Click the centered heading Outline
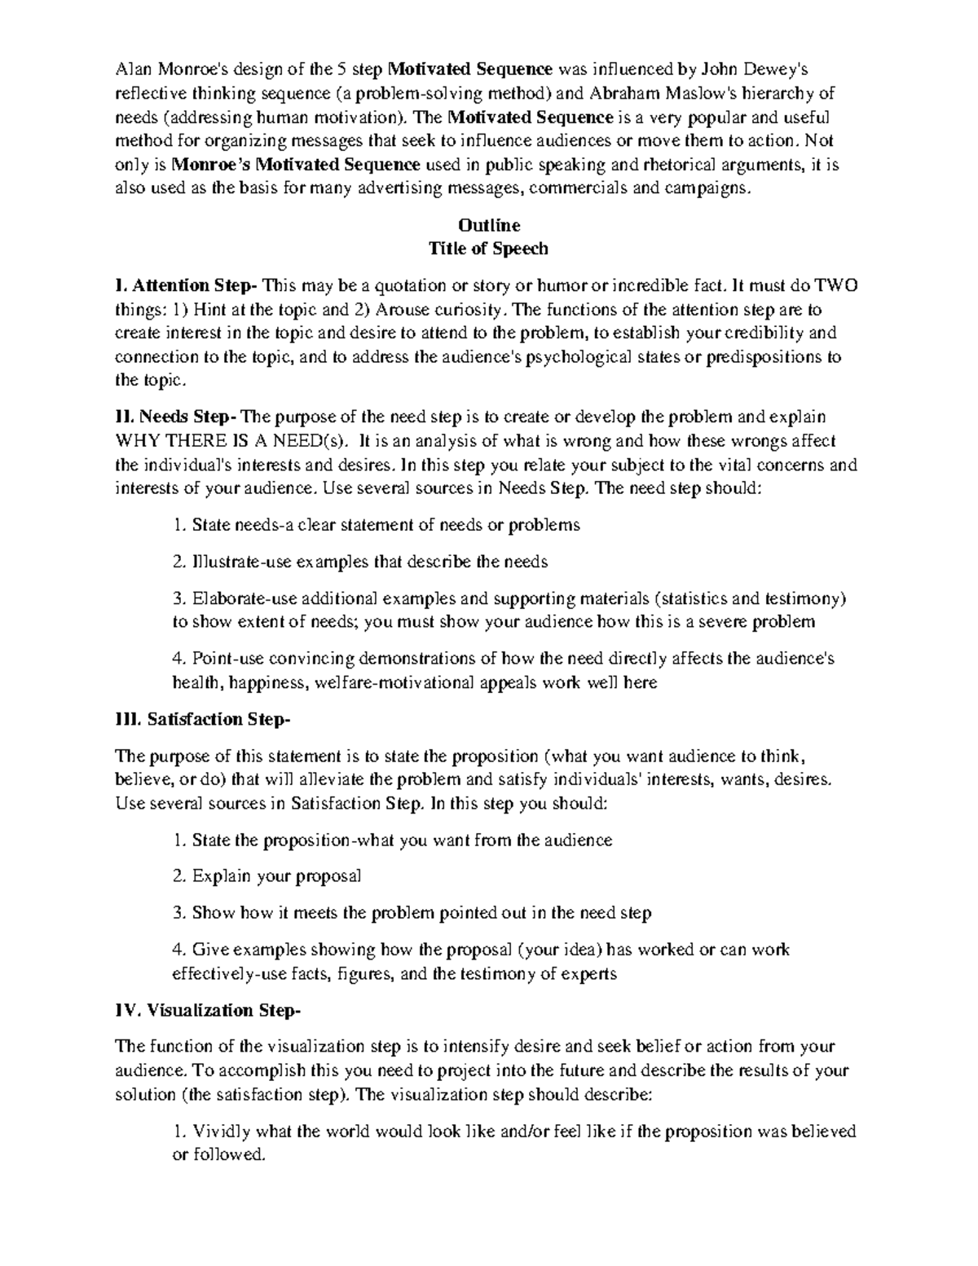pos(489,225)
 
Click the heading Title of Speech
pos(489,249)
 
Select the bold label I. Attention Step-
pos(187,286)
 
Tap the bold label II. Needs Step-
pos(177,417)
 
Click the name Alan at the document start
pos(133,68)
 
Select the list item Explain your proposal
pos(276,877)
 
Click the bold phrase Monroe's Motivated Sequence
pos(297,165)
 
